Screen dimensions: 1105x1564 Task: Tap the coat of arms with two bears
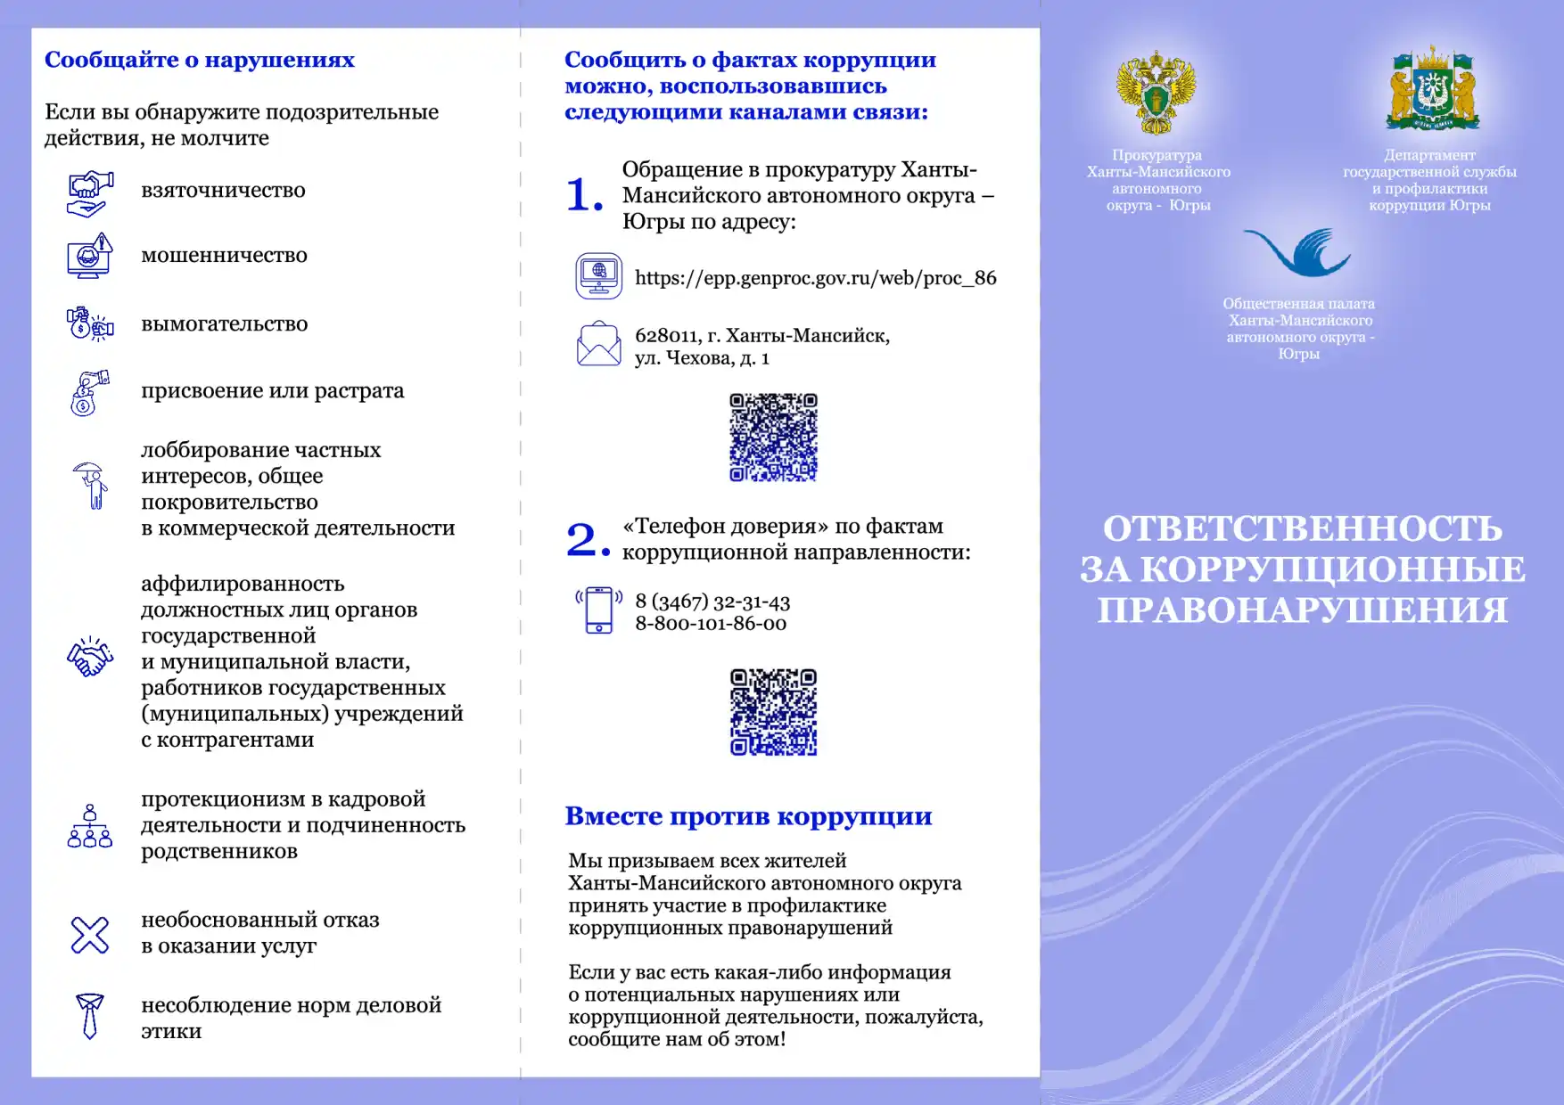click(1432, 90)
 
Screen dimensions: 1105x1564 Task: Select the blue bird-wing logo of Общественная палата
click(1298, 252)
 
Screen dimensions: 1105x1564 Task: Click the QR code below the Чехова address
click(773, 438)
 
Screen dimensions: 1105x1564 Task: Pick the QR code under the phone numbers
click(773, 712)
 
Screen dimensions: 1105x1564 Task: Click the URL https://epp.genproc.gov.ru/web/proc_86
click(815, 278)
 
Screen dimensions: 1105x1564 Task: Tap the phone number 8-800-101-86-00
click(711, 624)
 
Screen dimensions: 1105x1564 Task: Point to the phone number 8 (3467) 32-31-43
click(712, 602)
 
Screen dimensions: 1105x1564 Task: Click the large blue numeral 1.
click(584, 195)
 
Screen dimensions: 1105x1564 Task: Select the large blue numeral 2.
click(587, 540)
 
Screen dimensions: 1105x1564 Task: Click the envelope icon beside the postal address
click(598, 345)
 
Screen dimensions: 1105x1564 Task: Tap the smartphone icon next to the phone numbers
click(598, 610)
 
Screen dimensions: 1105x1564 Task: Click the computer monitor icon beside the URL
click(598, 276)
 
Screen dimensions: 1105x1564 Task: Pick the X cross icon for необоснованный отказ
click(90, 935)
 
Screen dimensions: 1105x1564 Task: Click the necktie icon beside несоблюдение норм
click(90, 1016)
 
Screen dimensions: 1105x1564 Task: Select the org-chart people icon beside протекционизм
click(90, 826)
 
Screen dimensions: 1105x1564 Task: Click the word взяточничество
click(223, 191)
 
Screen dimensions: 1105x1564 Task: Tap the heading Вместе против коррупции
click(748, 816)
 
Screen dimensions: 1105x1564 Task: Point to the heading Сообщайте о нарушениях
click(200, 60)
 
